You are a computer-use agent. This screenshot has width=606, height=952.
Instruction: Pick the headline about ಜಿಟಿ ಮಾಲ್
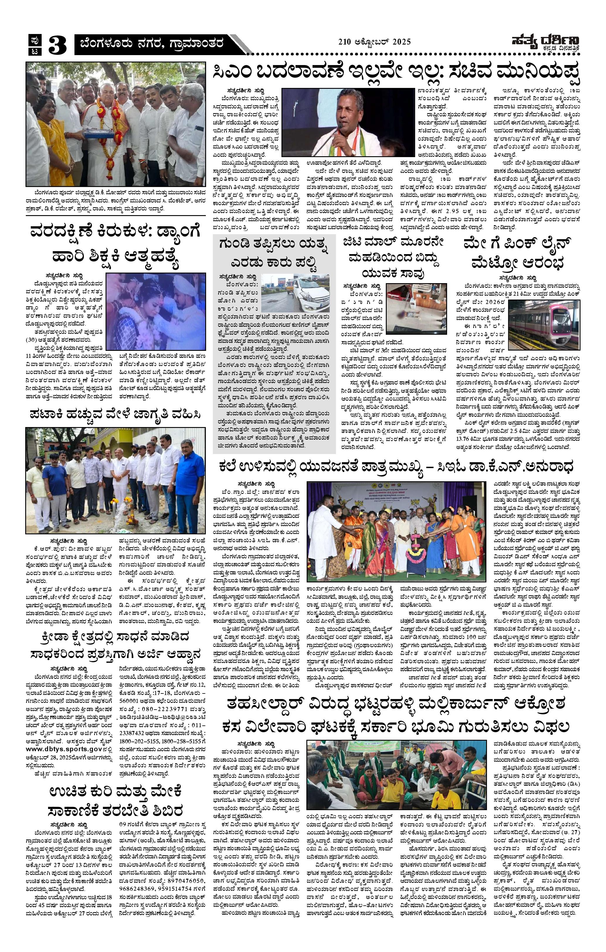coord(395,257)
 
